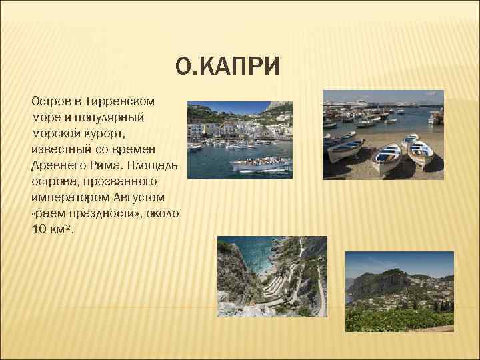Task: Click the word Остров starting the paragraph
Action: [51, 101]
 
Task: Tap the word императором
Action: [69, 197]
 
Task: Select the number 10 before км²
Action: [38, 230]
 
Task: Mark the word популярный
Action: [117, 117]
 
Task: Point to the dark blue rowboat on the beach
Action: [344, 147]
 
